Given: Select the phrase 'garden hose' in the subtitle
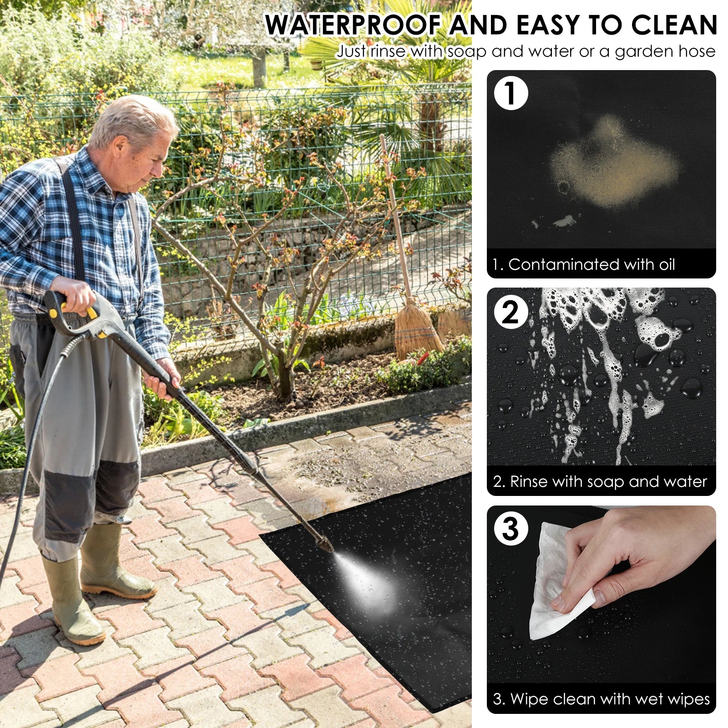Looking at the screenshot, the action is click(665, 52).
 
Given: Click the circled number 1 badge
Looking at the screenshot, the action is click(511, 93).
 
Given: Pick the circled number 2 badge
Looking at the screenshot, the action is click(511, 312).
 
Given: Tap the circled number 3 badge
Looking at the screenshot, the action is click(511, 529).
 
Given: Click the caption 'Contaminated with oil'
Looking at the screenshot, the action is click(591, 264).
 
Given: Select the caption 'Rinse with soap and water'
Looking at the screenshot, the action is click(608, 481).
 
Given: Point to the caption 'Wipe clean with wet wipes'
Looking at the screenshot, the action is click(610, 698).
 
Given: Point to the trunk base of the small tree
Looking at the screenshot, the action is click(285, 384).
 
